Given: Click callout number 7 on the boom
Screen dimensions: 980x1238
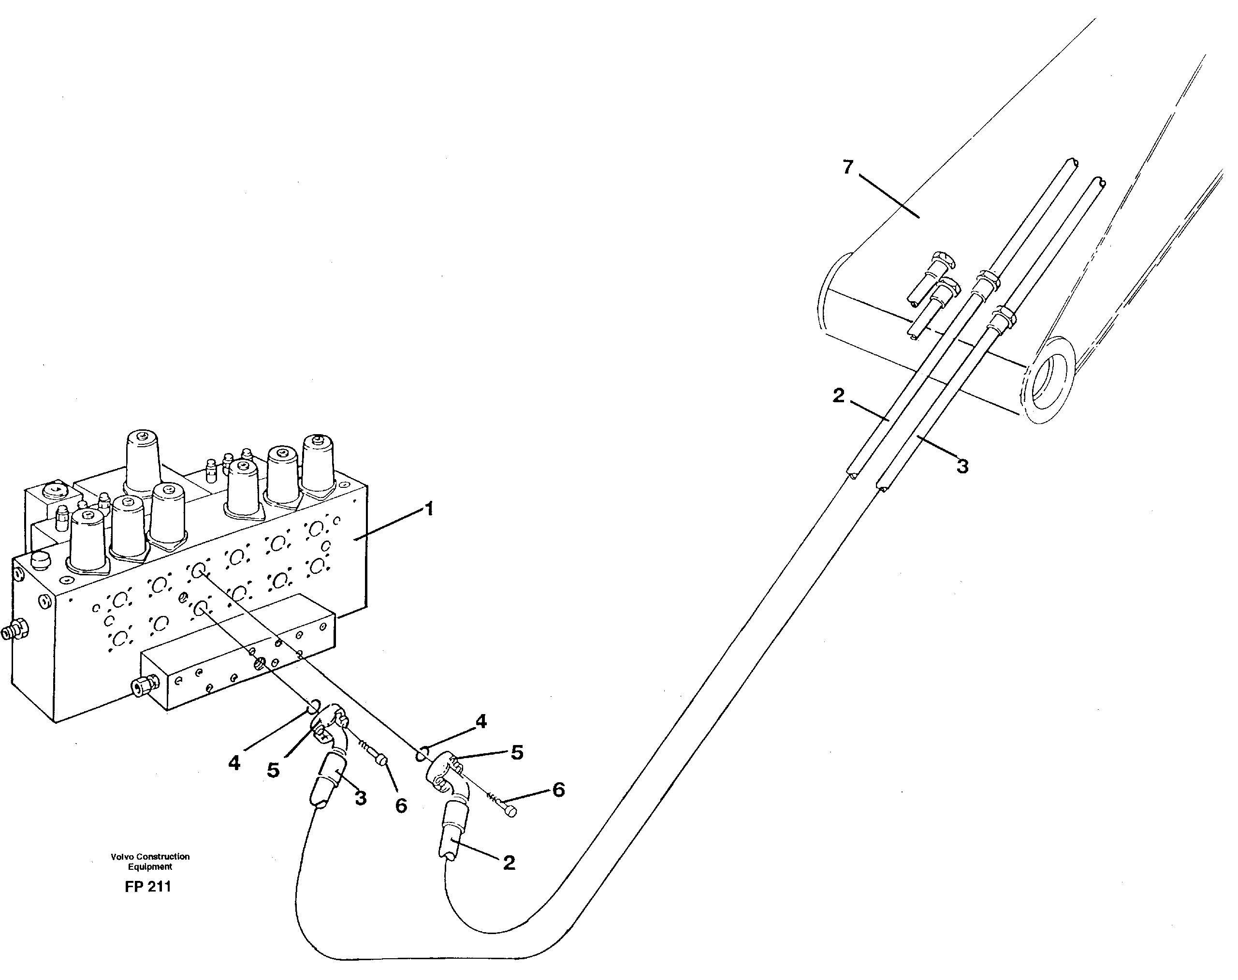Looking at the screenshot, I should (848, 168).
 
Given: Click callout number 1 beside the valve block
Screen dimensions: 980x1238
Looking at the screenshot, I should (428, 509).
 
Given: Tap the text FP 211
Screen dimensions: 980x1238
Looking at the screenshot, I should (148, 887).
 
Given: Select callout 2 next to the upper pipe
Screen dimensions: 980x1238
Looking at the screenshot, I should (839, 396).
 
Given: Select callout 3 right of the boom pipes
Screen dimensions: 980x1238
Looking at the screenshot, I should (962, 467).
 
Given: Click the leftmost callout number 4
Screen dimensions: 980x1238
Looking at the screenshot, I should (234, 763).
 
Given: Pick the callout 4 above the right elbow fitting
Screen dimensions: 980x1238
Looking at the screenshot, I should (481, 722).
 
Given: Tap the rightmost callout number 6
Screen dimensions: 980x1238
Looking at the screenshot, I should (558, 790).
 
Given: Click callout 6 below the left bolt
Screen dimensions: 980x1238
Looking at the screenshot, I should (401, 805).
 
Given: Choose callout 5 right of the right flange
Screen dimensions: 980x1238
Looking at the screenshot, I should (517, 753).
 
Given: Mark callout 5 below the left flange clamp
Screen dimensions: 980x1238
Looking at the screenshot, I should (273, 771).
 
